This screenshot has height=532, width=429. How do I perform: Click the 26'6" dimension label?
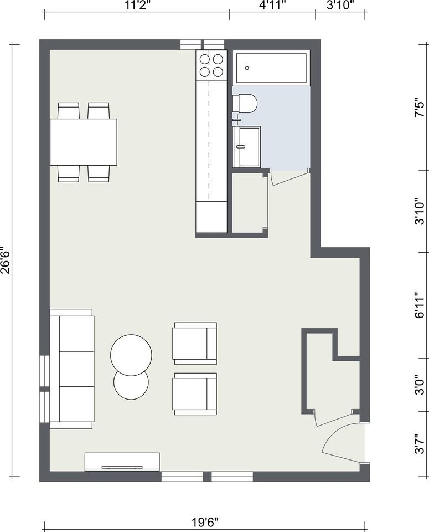pos(6,260)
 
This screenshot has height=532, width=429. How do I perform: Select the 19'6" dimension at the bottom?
pos(205,521)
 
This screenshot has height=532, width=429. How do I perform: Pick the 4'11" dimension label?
pos(272,6)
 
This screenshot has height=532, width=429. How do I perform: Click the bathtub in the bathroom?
pos(271,68)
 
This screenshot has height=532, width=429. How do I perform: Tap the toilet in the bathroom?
pos(246,104)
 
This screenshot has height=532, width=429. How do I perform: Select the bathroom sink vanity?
pos(246,147)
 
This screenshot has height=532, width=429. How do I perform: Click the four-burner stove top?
pos(211,65)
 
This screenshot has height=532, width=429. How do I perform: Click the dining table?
pos(84,142)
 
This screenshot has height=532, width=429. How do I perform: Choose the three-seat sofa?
pos(72,369)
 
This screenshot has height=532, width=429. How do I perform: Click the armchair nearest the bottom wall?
pos(194,393)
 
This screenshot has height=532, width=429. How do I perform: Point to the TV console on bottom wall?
pos(122,462)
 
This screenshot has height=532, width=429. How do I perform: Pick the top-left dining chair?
pos(69,111)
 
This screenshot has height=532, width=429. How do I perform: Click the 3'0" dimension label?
pos(421,384)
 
